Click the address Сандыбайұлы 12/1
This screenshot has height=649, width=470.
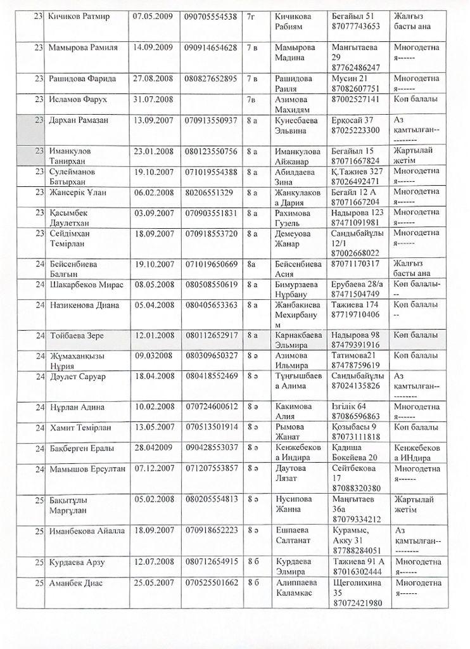[358, 239]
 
